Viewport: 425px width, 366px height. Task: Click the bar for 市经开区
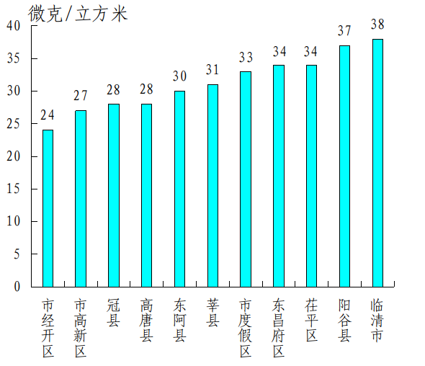pyautogui.click(x=48, y=208)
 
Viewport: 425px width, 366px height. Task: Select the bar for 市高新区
pyautogui.click(x=81, y=198)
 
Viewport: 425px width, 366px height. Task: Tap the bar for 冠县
pyautogui.click(x=114, y=195)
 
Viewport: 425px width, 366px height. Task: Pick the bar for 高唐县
pyautogui.click(x=146, y=195)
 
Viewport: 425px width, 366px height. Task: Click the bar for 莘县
pyautogui.click(x=212, y=185)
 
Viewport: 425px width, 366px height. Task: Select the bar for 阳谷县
pyautogui.click(x=344, y=166)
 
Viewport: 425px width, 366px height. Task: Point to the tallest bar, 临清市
pyautogui.click(x=377, y=163)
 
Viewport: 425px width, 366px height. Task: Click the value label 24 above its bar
pyautogui.click(x=48, y=115)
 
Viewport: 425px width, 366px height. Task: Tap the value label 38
pyautogui.click(x=377, y=24)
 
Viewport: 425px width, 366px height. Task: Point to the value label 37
pyautogui.click(x=344, y=31)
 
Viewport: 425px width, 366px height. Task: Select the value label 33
pyautogui.click(x=246, y=57)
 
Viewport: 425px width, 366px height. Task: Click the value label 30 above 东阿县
pyautogui.click(x=179, y=76)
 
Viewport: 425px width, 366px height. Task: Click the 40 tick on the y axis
pyautogui.click(x=14, y=25)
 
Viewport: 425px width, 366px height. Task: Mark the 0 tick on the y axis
pyautogui.click(x=17, y=287)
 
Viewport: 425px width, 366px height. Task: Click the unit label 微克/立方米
pyautogui.click(x=78, y=13)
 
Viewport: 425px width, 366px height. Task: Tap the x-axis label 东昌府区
pyautogui.click(x=279, y=328)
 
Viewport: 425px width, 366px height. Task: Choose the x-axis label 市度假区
pyautogui.click(x=246, y=328)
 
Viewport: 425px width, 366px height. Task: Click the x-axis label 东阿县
pyautogui.click(x=179, y=320)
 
